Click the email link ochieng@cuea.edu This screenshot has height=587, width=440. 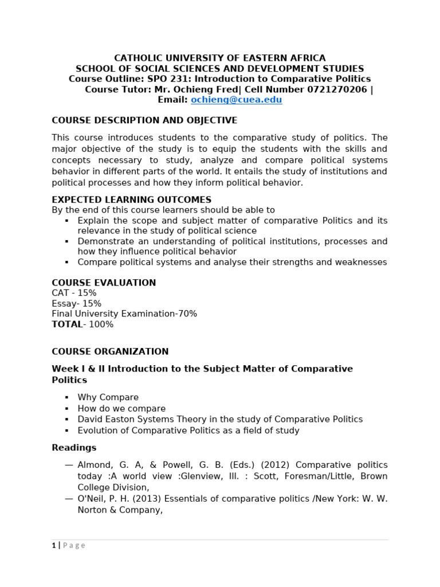(x=236, y=100)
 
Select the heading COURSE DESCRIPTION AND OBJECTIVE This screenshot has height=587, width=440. (x=144, y=120)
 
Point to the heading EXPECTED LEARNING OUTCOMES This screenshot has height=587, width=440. (x=132, y=200)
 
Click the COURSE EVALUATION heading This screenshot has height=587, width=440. (x=104, y=283)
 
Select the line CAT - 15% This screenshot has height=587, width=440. (x=74, y=293)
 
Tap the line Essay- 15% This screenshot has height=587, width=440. (x=76, y=303)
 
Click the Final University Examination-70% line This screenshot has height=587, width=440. (x=124, y=314)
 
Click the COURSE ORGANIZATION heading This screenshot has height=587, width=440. (x=110, y=351)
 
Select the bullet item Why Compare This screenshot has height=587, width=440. (x=108, y=397)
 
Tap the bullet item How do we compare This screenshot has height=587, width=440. (x=121, y=409)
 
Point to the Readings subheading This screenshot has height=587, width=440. (x=74, y=448)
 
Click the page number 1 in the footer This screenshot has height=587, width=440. (x=54, y=546)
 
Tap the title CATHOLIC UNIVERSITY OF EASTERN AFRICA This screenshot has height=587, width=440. (x=220, y=58)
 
